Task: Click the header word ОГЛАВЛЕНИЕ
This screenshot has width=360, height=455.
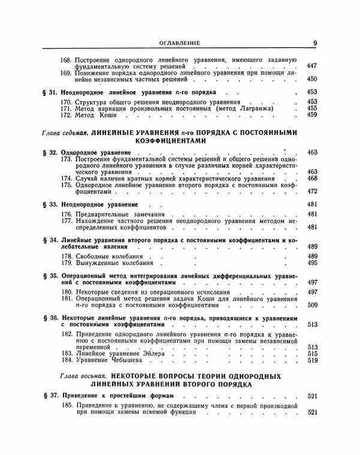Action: point(179,43)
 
